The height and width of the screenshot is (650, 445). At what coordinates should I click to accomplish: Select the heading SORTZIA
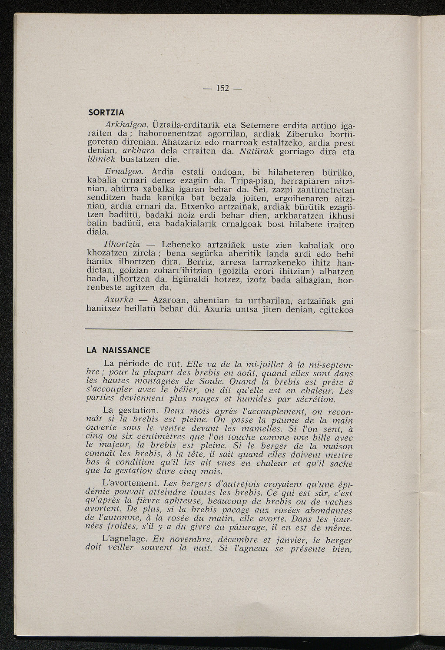point(106,112)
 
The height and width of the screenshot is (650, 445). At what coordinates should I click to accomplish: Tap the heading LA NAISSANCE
point(118,350)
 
